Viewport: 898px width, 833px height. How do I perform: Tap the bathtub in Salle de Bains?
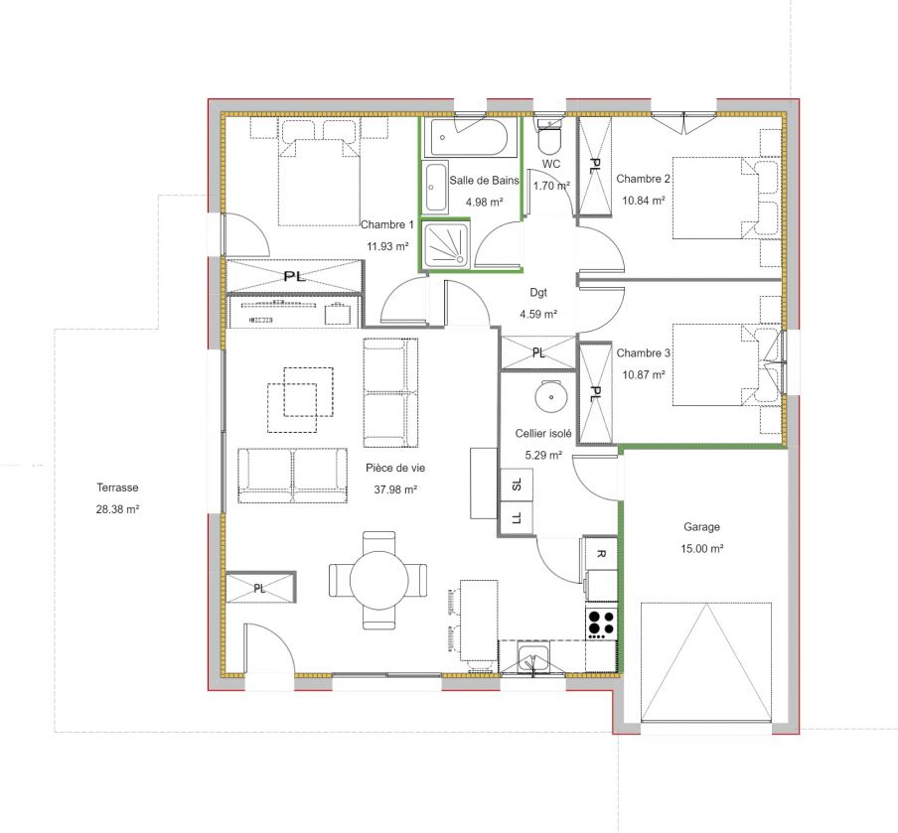(x=469, y=137)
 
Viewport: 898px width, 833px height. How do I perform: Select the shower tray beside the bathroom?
(x=446, y=244)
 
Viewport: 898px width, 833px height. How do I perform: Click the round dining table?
(x=378, y=580)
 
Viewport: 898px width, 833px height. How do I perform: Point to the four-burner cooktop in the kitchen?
(x=601, y=623)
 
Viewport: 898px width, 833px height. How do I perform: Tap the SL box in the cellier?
(x=518, y=485)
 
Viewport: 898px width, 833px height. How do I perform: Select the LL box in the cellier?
(x=518, y=518)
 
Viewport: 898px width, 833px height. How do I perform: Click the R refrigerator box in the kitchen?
(x=600, y=554)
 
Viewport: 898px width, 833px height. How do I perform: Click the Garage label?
(x=701, y=527)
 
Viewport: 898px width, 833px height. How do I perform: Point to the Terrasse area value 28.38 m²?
(x=117, y=509)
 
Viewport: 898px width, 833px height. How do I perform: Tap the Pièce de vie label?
(x=395, y=468)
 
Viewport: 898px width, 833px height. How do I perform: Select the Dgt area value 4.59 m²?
(x=538, y=314)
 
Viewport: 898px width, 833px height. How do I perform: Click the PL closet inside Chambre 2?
(x=594, y=166)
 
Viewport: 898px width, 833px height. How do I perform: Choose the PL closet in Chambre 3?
(x=596, y=393)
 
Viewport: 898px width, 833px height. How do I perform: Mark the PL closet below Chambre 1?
(x=294, y=276)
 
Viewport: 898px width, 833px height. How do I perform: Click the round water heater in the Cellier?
(x=551, y=396)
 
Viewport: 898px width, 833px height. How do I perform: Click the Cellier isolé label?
(x=543, y=434)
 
